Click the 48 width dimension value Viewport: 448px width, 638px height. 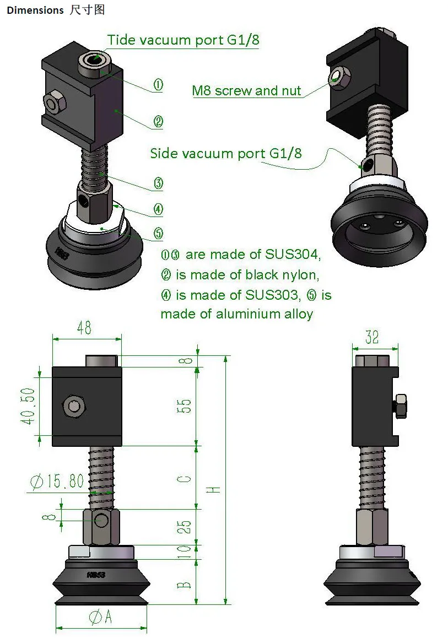tap(84, 328)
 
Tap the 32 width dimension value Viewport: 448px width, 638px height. tap(372, 337)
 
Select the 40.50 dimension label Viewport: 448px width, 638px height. tap(29, 406)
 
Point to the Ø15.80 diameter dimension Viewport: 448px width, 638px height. tap(57, 482)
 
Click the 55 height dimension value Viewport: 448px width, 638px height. tap(184, 406)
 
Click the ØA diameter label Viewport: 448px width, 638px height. tap(100, 617)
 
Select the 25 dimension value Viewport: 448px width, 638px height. tap(184, 527)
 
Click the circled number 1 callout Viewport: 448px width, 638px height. tap(158, 85)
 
